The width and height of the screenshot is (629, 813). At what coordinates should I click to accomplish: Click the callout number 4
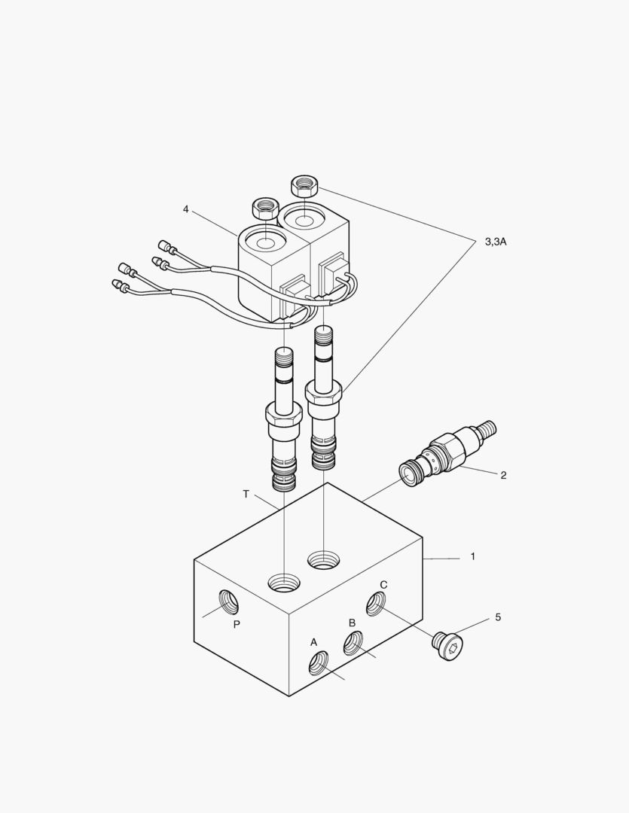coord(185,209)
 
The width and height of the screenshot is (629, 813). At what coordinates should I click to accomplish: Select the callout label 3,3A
coord(495,242)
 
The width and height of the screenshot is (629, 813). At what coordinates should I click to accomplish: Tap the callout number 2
coord(503,475)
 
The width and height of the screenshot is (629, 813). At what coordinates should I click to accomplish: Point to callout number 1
coord(473,556)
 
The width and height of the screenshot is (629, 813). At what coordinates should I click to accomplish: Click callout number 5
coord(498,617)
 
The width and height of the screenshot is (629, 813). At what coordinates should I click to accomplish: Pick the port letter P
coord(237,624)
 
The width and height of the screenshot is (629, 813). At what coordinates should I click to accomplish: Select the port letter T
coord(246,494)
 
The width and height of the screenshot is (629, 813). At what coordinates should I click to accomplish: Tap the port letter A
coord(314,642)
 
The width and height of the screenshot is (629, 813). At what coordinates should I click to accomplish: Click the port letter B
coord(351,623)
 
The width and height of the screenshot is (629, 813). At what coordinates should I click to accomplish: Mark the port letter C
coord(383,585)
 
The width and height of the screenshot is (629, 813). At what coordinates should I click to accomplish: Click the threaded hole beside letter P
coord(228,601)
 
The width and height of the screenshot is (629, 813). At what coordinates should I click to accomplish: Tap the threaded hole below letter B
coord(353,643)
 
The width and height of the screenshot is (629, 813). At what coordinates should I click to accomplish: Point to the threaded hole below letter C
coord(375,603)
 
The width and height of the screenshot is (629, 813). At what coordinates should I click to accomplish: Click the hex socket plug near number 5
coord(449,647)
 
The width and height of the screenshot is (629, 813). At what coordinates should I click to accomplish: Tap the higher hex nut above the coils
coord(303,185)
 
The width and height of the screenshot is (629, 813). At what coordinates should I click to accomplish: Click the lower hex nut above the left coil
coord(264,206)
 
